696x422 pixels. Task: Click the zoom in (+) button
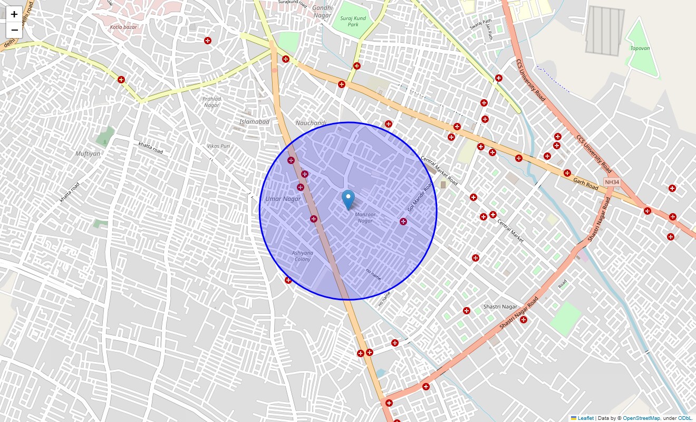pyautogui.click(x=14, y=14)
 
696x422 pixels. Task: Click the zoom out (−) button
pyautogui.click(x=14, y=30)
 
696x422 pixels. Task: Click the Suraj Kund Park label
pyautogui.click(x=353, y=21)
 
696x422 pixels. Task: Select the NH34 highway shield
pyautogui.click(x=612, y=182)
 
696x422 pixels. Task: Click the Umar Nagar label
pyautogui.click(x=283, y=199)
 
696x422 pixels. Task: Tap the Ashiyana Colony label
pyautogui.click(x=302, y=256)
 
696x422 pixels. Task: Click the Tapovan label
pyautogui.click(x=640, y=48)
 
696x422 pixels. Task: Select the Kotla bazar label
pyautogui.click(x=123, y=27)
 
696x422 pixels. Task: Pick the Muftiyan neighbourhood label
pyautogui.click(x=88, y=154)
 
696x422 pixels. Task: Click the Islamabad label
pyautogui.click(x=254, y=122)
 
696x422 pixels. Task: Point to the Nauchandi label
pyautogui.click(x=311, y=123)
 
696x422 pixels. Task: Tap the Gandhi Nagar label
pyautogui.click(x=322, y=12)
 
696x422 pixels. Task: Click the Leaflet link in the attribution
pyautogui.click(x=585, y=418)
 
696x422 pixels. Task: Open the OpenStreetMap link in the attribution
pyautogui.click(x=641, y=418)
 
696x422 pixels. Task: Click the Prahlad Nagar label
pyautogui.click(x=211, y=102)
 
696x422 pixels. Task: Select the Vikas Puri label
pyautogui.click(x=218, y=146)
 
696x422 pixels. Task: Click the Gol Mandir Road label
pyautogui.click(x=420, y=197)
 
